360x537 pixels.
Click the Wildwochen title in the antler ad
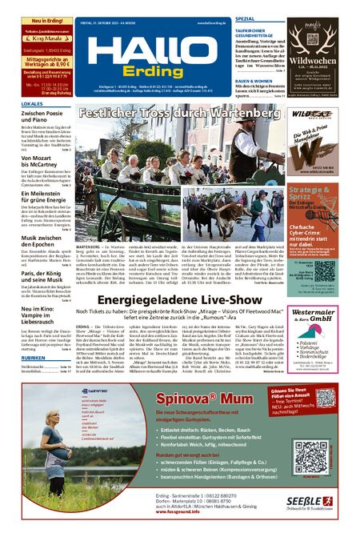(x=318, y=60)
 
